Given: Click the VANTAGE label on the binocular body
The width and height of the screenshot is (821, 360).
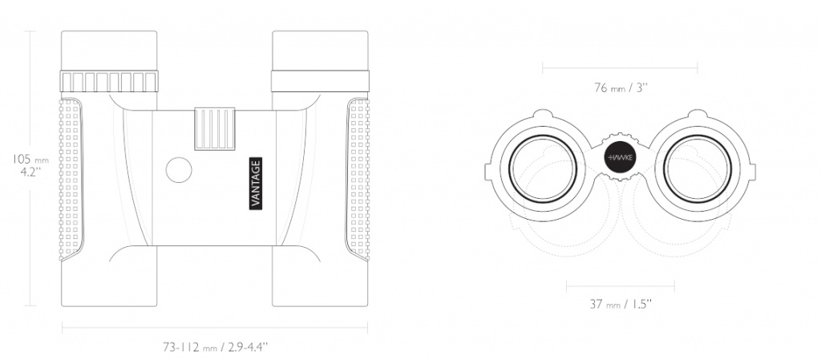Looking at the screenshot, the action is (256, 184).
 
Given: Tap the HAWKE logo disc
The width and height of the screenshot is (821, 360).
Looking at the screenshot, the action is (620, 157).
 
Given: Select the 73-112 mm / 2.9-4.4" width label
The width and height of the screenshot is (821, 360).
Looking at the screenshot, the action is (215, 346).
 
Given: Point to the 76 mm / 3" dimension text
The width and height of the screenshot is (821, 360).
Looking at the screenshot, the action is (621, 87).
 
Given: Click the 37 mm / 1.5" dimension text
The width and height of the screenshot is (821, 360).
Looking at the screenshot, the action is (621, 304).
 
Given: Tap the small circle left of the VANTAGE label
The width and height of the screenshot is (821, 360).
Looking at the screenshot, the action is (179, 169).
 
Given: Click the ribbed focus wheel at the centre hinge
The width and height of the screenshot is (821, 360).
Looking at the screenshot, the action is (215, 129).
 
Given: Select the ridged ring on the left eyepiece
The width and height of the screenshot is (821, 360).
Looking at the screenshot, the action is (109, 82).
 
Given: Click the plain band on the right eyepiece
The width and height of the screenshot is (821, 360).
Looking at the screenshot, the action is (320, 81).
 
